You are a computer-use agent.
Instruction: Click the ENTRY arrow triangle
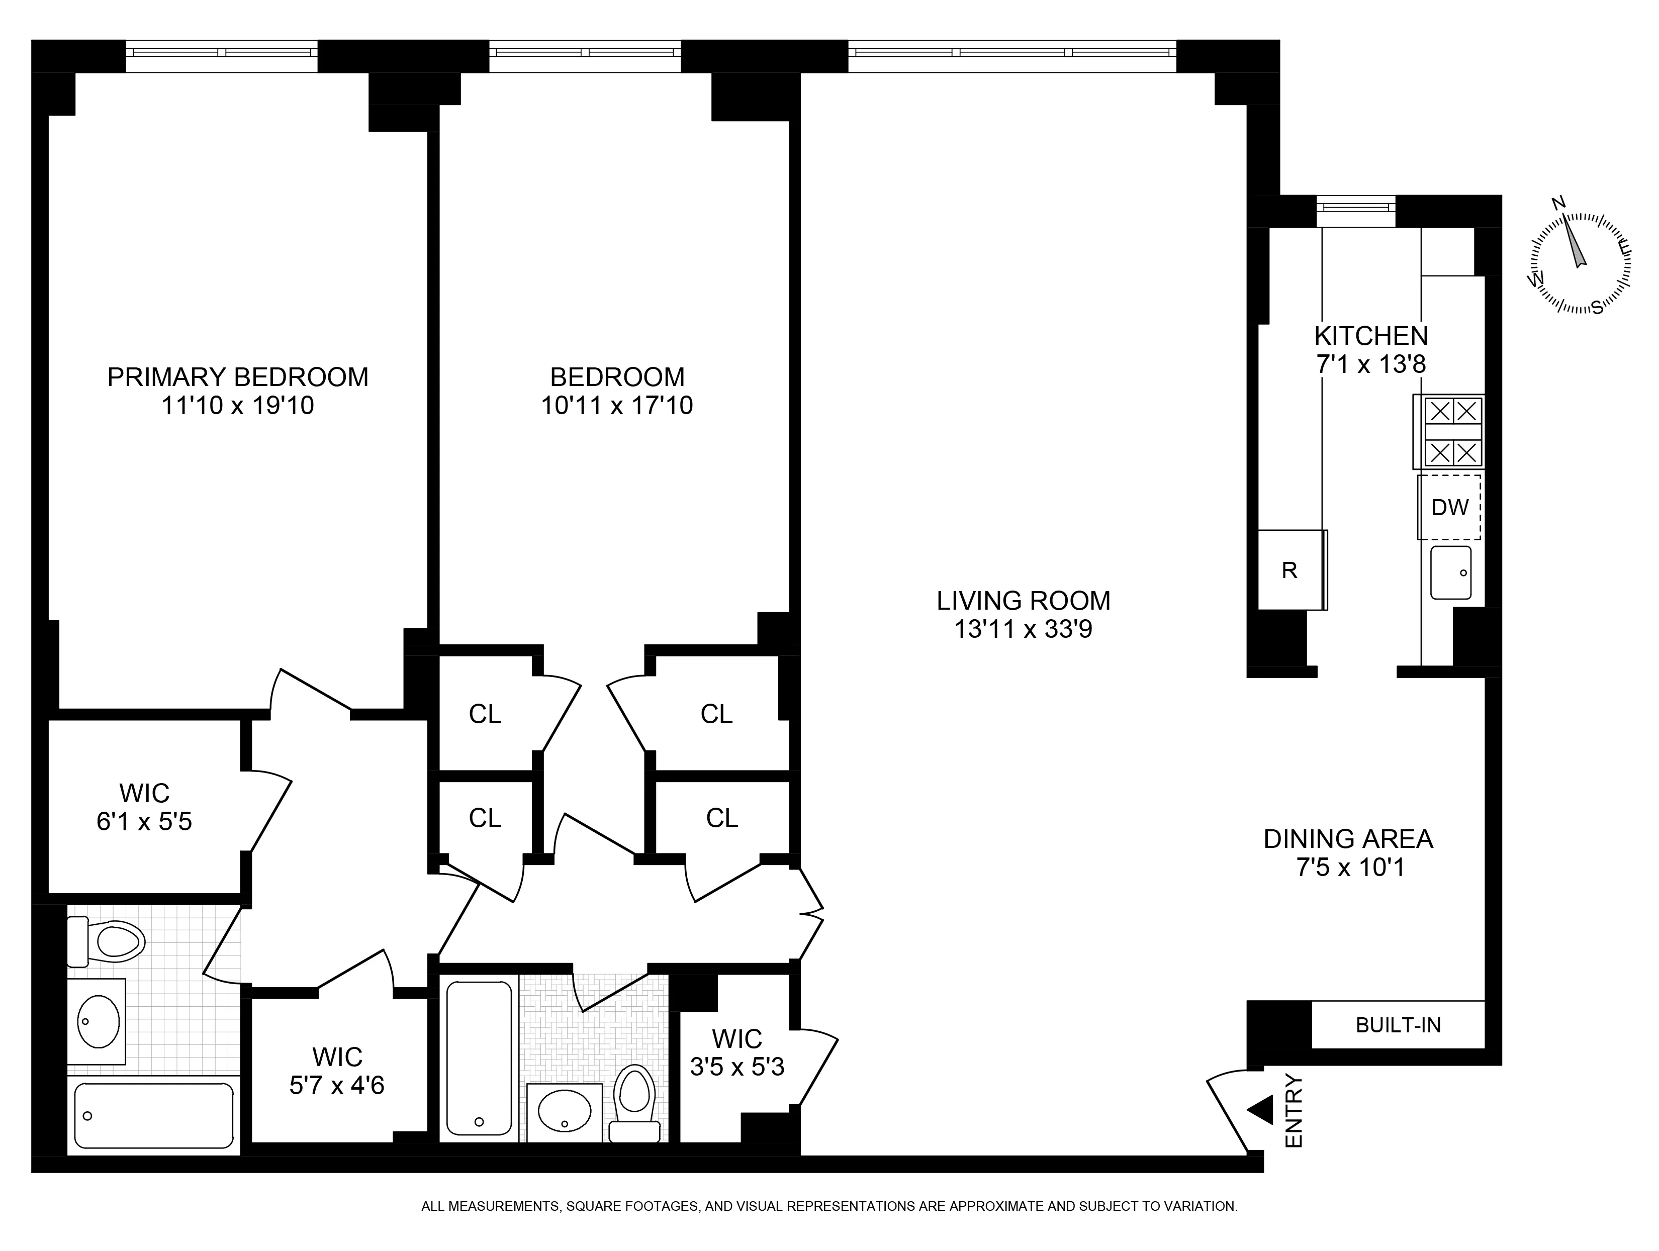(x=1261, y=1109)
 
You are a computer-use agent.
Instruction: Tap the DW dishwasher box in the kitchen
(x=1449, y=507)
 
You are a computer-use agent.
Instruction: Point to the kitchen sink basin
(x=1450, y=573)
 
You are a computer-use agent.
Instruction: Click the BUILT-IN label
(x=1398, y=1025)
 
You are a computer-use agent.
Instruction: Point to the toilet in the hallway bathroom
(x=634, y=1101)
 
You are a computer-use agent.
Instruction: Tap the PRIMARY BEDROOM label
(x=238, y=376)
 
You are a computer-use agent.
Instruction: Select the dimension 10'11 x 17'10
(x=616, y=406)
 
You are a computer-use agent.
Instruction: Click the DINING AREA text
(x=1348, y=838)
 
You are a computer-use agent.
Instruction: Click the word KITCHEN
(x=1371, y=335)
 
